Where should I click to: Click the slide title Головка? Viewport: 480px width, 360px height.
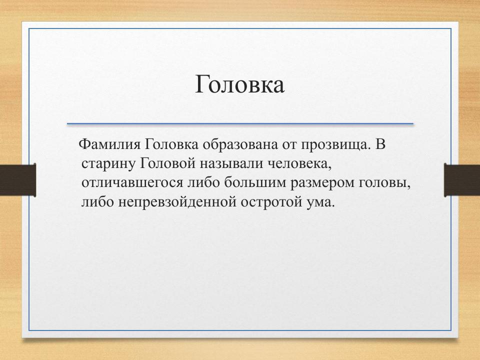[x=239, y=84]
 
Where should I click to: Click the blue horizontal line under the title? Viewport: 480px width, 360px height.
[x=240, y=123]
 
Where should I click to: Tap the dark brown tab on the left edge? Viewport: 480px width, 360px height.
[x=17, y=180]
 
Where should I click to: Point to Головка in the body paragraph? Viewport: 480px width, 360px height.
[x=171, y=144]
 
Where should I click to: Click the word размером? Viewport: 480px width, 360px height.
[x=322, y=183]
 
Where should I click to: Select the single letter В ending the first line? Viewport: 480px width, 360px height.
[x=380, y=144]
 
